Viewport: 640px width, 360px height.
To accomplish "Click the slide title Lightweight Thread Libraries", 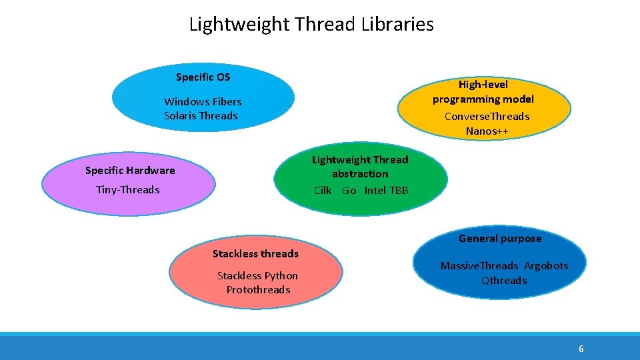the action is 311,25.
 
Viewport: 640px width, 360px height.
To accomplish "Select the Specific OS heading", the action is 203,77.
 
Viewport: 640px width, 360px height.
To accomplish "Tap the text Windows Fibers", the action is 203,102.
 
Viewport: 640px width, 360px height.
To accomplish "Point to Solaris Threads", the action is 201,116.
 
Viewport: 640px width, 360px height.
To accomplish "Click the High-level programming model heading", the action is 483,92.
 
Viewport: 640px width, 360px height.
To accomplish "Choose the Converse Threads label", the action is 487,117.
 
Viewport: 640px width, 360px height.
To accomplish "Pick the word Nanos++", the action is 487,131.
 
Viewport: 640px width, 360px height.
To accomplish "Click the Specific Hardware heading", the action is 130,171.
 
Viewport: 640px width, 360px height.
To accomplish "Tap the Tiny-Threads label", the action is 128,190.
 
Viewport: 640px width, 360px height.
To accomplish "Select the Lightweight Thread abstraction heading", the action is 360,167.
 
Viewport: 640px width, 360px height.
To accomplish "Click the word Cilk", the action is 323,191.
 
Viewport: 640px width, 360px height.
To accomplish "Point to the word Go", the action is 349,191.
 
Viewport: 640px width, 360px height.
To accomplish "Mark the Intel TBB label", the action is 387,191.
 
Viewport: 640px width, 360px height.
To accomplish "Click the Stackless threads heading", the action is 255,254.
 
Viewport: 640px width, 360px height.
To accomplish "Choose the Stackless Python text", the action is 257,276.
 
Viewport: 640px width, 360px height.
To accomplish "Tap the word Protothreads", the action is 258,290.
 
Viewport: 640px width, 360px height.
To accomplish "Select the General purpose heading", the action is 500,239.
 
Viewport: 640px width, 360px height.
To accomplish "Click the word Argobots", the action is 546,266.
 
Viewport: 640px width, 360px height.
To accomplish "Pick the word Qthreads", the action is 504,281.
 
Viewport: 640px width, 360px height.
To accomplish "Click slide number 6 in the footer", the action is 581,349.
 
